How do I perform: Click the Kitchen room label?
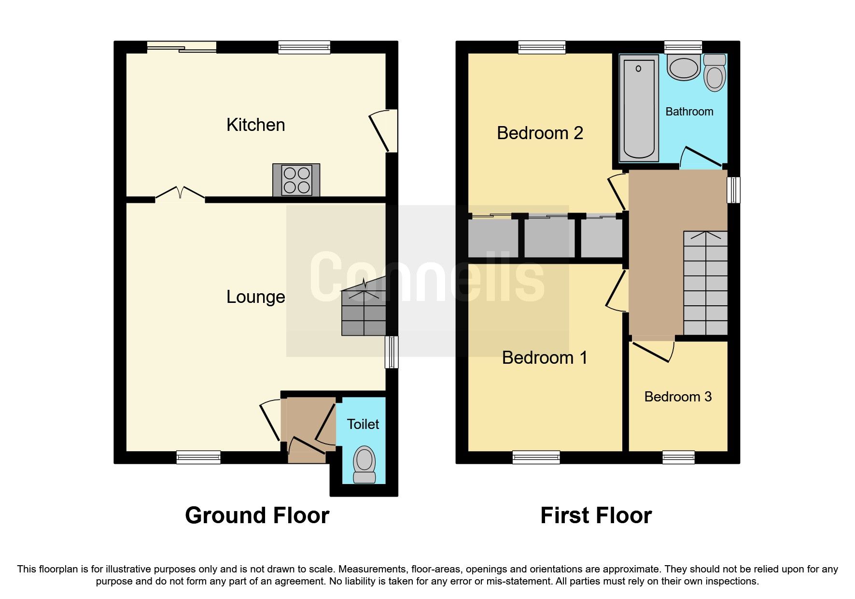(255, 125)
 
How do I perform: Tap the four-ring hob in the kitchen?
(296, 180)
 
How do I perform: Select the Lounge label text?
(255, 297)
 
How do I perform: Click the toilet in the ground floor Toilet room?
(364, 464)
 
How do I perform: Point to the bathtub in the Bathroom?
(639, 107)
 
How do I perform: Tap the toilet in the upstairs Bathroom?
(715, 73)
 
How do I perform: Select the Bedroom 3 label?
(678, 397)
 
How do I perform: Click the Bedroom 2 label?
(540, 133)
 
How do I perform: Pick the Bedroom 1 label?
(545, 358)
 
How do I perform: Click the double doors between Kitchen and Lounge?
(180, 193)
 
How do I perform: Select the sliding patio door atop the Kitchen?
(182, 47)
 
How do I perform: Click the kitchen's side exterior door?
(382, 131)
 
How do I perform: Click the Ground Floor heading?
(257, 515)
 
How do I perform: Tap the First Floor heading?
(596, 515)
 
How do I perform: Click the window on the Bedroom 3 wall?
(678, 457)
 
